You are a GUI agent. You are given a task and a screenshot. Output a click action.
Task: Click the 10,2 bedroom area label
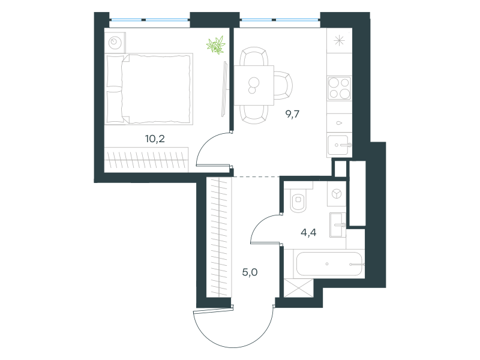click(155, 139)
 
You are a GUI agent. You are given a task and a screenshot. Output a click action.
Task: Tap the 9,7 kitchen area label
click(292, 115)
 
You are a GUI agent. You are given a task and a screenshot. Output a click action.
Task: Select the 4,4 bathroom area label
click(308, 233)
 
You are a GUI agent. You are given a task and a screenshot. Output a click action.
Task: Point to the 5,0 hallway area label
click(250, 272)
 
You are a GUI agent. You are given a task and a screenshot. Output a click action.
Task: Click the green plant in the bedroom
click(216, 46)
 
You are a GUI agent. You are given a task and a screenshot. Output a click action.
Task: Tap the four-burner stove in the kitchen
click(339, 88)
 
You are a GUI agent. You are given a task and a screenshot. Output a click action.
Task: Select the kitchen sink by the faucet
click(338, 145)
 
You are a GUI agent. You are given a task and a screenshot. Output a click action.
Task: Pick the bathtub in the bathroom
click(329, 264)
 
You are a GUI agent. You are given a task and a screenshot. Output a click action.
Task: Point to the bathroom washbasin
click(338, 225)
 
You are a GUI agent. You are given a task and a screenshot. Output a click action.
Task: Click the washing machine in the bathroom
click(337, 194)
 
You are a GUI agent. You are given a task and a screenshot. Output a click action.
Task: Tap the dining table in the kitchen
click(254, 85)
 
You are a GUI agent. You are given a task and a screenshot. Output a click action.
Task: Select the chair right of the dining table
click(283, 85)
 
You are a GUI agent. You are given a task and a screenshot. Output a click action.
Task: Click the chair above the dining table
click(254, 56)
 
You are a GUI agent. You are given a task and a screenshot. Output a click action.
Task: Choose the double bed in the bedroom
click(149, 89)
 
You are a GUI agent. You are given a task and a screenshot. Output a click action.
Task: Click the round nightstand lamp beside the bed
click(115, 42)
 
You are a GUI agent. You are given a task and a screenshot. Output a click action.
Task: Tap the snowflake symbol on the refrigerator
click(339, 41)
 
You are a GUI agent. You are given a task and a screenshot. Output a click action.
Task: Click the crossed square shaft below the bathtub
click(299, 288)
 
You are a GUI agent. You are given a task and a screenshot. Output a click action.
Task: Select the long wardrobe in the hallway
click(219, 237)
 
